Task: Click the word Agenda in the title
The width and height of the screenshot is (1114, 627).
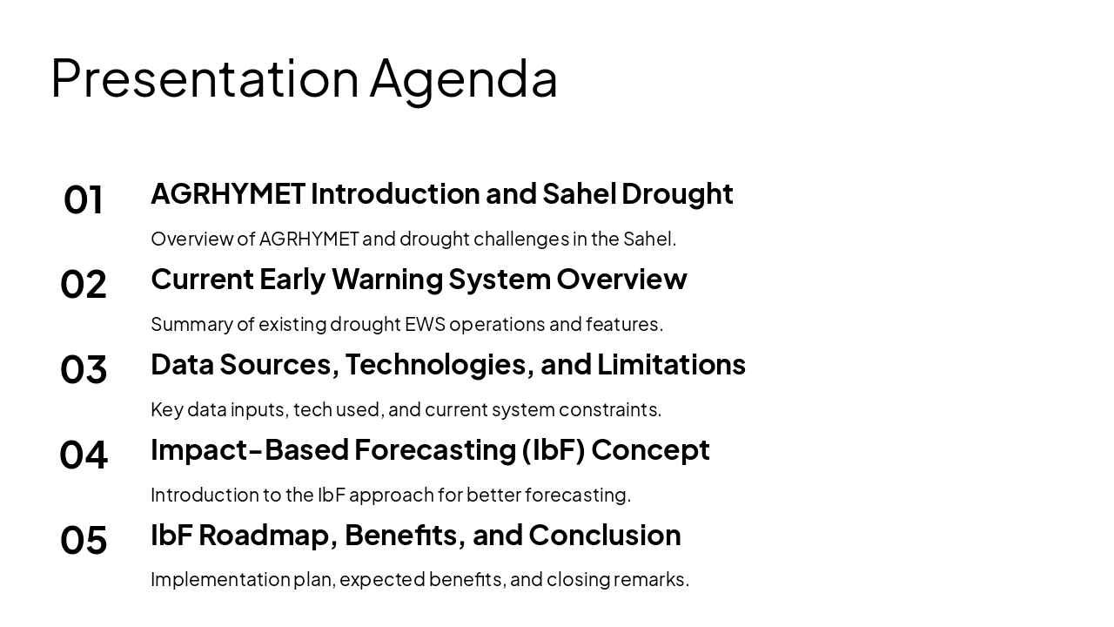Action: pos(463,79)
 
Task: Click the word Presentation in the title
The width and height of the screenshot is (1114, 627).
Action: pos(205,78)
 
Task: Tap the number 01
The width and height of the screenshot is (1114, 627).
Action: pos(84,199)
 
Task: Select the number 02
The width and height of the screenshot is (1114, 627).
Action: pos(84,285)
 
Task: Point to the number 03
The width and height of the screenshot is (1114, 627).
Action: pos(84,369)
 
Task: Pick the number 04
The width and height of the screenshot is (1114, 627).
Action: pos(84,455)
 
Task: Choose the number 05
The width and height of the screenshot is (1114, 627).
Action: pos(84,540)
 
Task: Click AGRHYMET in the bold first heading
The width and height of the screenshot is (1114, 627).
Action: pos(227,193)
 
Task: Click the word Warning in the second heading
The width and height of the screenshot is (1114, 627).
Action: pos(386,279)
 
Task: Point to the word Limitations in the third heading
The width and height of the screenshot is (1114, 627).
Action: pos(671,364)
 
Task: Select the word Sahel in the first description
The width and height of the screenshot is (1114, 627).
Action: pos(648,239)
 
